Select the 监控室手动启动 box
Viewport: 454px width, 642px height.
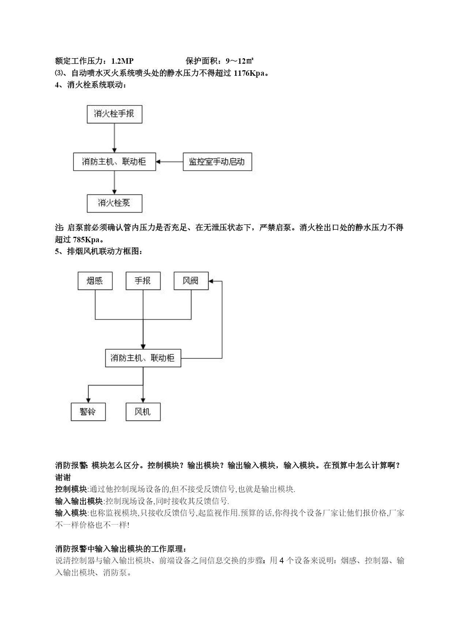217,162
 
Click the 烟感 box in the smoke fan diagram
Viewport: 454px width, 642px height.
95,281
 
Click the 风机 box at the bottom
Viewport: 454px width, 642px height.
143,412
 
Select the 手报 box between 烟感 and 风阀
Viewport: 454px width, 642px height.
143,281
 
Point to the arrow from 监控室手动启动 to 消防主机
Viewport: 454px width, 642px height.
169,162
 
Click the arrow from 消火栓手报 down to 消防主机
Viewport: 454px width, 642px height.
115,138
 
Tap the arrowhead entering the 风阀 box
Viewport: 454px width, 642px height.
211,281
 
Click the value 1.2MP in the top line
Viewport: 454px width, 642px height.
122,61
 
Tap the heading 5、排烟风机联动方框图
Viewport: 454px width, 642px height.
99,251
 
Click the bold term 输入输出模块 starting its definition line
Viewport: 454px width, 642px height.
79,501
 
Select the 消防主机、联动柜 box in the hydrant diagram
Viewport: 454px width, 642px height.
115,162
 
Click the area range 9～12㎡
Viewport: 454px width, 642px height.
240,61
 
